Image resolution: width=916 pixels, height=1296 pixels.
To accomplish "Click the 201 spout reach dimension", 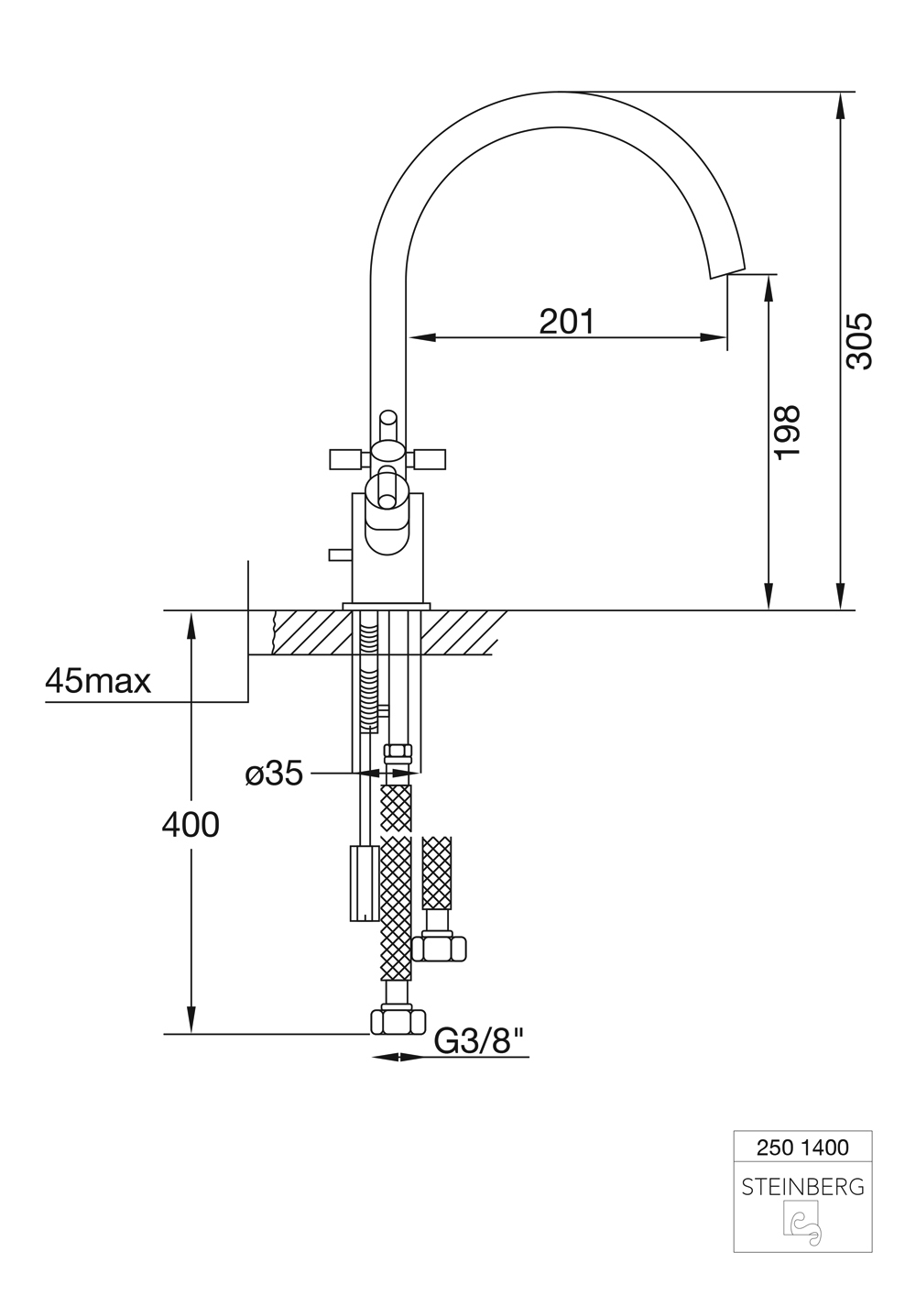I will pyautogui.click(x=566, y=322).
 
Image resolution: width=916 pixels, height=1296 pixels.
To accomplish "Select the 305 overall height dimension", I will pyautogui.click(x=860, y=341).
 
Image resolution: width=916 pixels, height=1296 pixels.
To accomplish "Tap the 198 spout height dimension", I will pyautogui.click(x=787, y=433).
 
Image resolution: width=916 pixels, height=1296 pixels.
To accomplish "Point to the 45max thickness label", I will pyautogui.click(x=98, y=681).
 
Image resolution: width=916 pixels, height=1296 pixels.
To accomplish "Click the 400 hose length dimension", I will pyautogui.click(x=191, y=825).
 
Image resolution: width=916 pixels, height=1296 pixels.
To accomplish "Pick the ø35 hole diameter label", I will pyautogui.click(x=274, y=774).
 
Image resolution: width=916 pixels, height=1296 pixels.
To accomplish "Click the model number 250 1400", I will pyautogui.click(x=802, y=1147).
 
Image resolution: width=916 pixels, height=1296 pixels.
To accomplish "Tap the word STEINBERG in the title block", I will pyautogui.click(x=802, y=1187).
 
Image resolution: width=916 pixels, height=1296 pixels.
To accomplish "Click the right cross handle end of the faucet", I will pyautogui.click(x=432, y=457).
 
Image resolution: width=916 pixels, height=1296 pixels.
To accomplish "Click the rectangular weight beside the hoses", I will pyautogui.click(x=364, y=884).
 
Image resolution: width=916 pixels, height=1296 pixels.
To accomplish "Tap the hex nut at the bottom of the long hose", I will pyautogui.click(x=398, y=1020).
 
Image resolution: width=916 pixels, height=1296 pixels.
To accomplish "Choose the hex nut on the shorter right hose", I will pyautogui.click(x=440, y=946).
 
